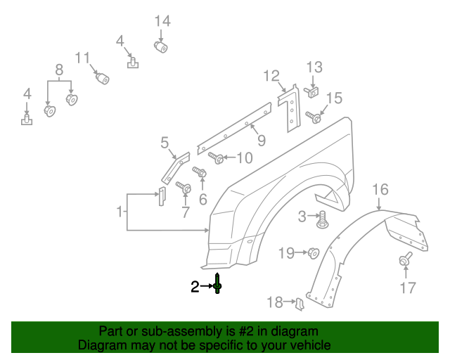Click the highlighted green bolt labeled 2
[218, 283]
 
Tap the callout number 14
[162, 21]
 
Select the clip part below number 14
[162, 47]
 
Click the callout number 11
[83, 58]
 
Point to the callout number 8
[59, 70]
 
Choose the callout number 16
[380, 189]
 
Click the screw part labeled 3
[323, 220]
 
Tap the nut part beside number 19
[314, 252]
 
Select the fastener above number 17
[406, 262]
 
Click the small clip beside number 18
[299, 303]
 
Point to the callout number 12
[272, 75]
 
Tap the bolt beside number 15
[314, 117]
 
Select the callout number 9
[261, 141]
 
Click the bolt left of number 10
[216, 157]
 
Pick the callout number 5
[165, 143]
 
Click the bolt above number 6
[199, 171]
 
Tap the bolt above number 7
[184, 188]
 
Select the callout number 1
[120, 211]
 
